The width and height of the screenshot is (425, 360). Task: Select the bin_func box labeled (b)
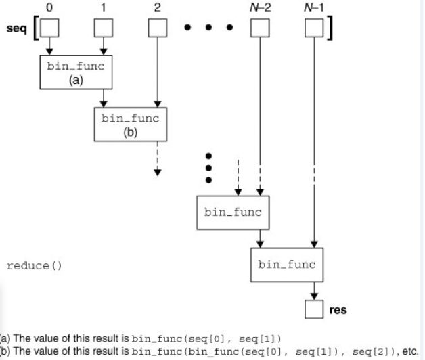coord(129,123)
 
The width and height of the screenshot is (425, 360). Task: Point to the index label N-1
coord(313,7)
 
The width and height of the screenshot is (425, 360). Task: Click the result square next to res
coord(313,311)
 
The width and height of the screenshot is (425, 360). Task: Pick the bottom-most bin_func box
coord(286,265)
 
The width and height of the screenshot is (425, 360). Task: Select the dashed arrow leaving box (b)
coord(156,157)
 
